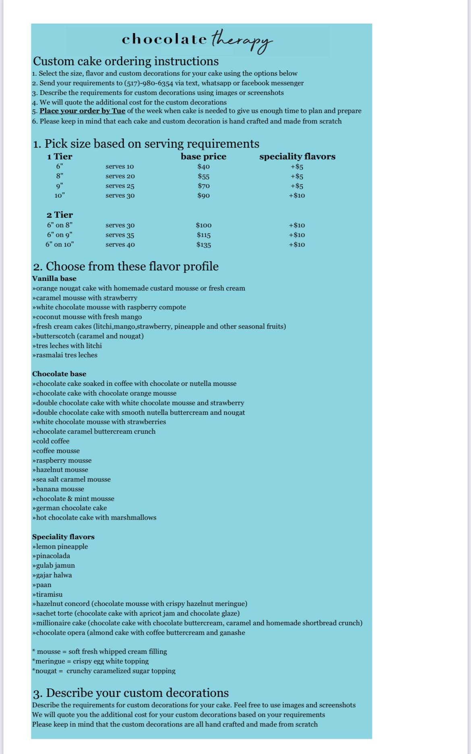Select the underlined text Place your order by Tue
[x=83, y=111]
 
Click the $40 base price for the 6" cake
[x=203, y=167]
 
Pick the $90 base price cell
[x=203, y=196]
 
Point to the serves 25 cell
[x=120, y=186]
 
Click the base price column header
[x=203, y=157]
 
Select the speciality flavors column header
[x=297, y=157]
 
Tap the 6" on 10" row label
[x=60, y=245]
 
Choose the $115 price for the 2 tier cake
[x=203, y=235]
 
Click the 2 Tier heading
[x=60, y=215]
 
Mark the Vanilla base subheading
[x=54, y=278]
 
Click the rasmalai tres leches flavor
[x=67, y=355]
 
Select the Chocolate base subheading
[x=59, y=374]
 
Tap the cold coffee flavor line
[x=53, y=441]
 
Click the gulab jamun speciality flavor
[x=55, y=566]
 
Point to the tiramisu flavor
[x=49, y=594]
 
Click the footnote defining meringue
[x=91, y=661]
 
